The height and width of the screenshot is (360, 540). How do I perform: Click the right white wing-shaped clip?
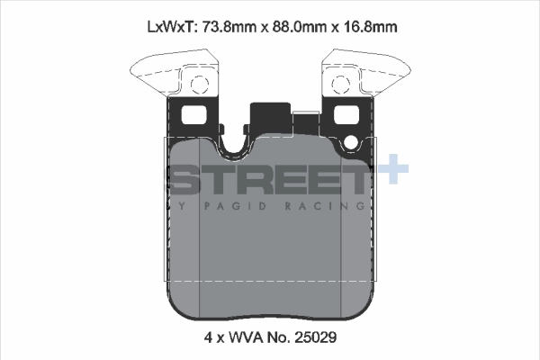374,73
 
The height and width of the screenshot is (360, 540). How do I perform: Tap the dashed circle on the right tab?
340,86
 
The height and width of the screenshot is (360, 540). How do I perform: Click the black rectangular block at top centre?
268,116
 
